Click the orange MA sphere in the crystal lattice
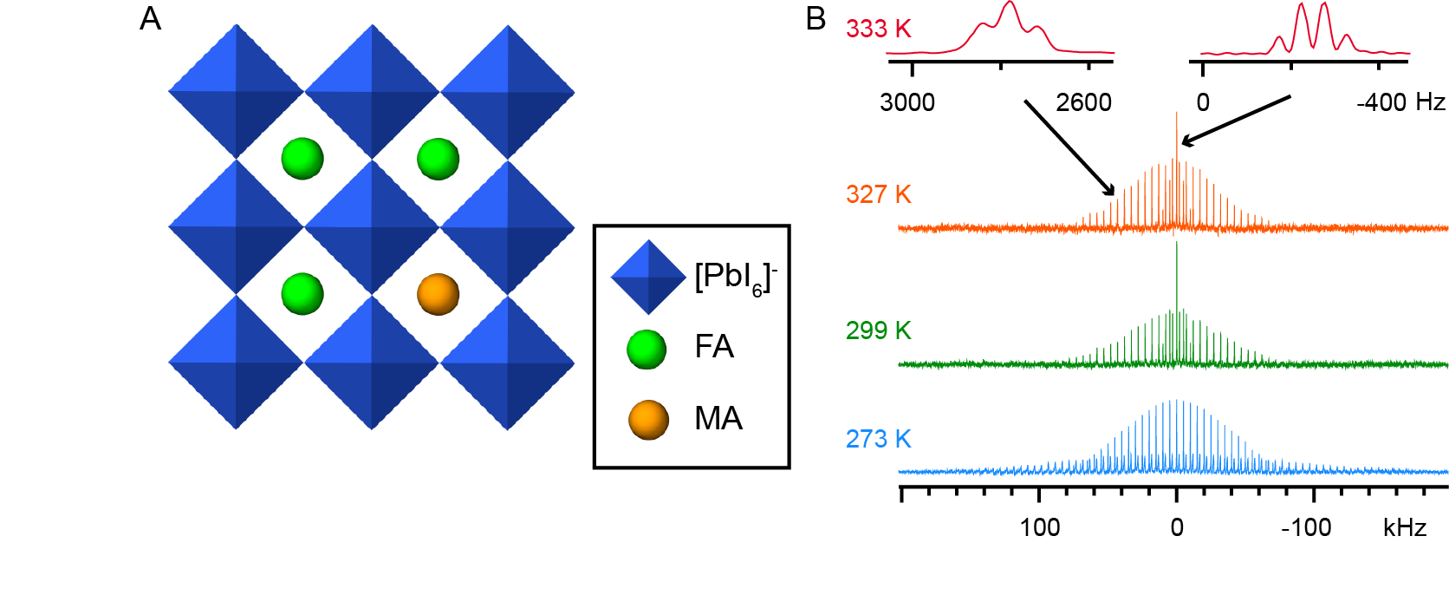(x=438, y=294)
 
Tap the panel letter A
(x=150, y=18)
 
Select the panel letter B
(x=815, y=18)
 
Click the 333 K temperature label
(x=878, y=29)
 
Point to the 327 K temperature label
(x=878, y=193)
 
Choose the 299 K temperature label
(x=878, y=330)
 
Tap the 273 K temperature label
(x=878, y=438)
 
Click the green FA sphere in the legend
(x=647, y=349)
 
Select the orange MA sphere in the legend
(x=648, y=420)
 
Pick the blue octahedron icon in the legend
(x=648, y=278)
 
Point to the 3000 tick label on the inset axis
(x=907, y=102)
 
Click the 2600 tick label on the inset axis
(x=1083, y=102)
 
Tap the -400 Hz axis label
(x=1400, y=102)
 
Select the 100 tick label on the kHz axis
(x=1039, y=527)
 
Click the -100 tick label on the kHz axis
(x=1306, y=527)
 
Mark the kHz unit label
(x=1404, y=527)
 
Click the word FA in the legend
(x=714, y=347)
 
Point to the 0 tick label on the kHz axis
(x=1176, y=527)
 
